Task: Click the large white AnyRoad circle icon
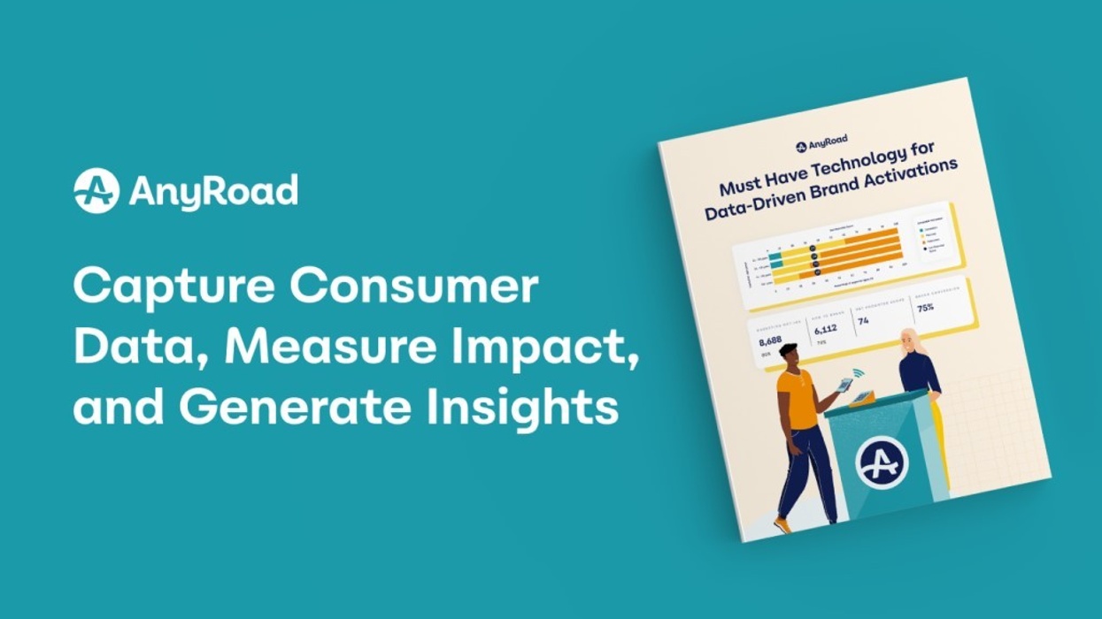pyautogui.click(x=96, y=190)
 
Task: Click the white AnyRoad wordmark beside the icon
pyautogui.click(x=213, y=191)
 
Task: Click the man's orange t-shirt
pyautogui.click(x=798, y=399)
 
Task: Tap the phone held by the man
pyautogui.click(x=844, y=385)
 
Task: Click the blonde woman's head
pyautogui.click(x=909, y=341)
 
